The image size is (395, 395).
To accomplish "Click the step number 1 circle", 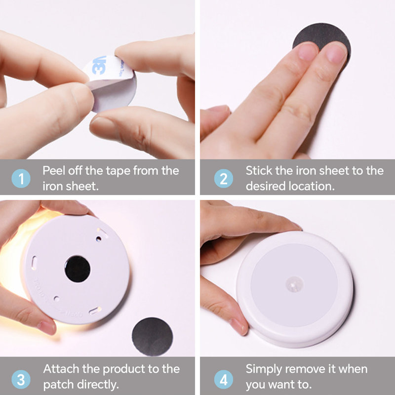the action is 21,179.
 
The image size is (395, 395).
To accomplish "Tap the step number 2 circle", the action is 224,179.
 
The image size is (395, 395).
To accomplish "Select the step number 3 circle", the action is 21,379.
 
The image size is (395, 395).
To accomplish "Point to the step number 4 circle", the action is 224,379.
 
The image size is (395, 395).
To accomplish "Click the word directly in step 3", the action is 98,385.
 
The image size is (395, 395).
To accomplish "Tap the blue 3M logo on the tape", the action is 98,66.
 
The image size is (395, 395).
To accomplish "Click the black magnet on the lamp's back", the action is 78,269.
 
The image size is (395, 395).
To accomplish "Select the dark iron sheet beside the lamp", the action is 153,337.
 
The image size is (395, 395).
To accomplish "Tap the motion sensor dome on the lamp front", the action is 294,284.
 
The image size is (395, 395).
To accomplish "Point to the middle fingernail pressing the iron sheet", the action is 308,51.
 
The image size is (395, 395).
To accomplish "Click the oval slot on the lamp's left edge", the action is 34,263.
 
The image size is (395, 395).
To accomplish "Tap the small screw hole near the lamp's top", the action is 99,238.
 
